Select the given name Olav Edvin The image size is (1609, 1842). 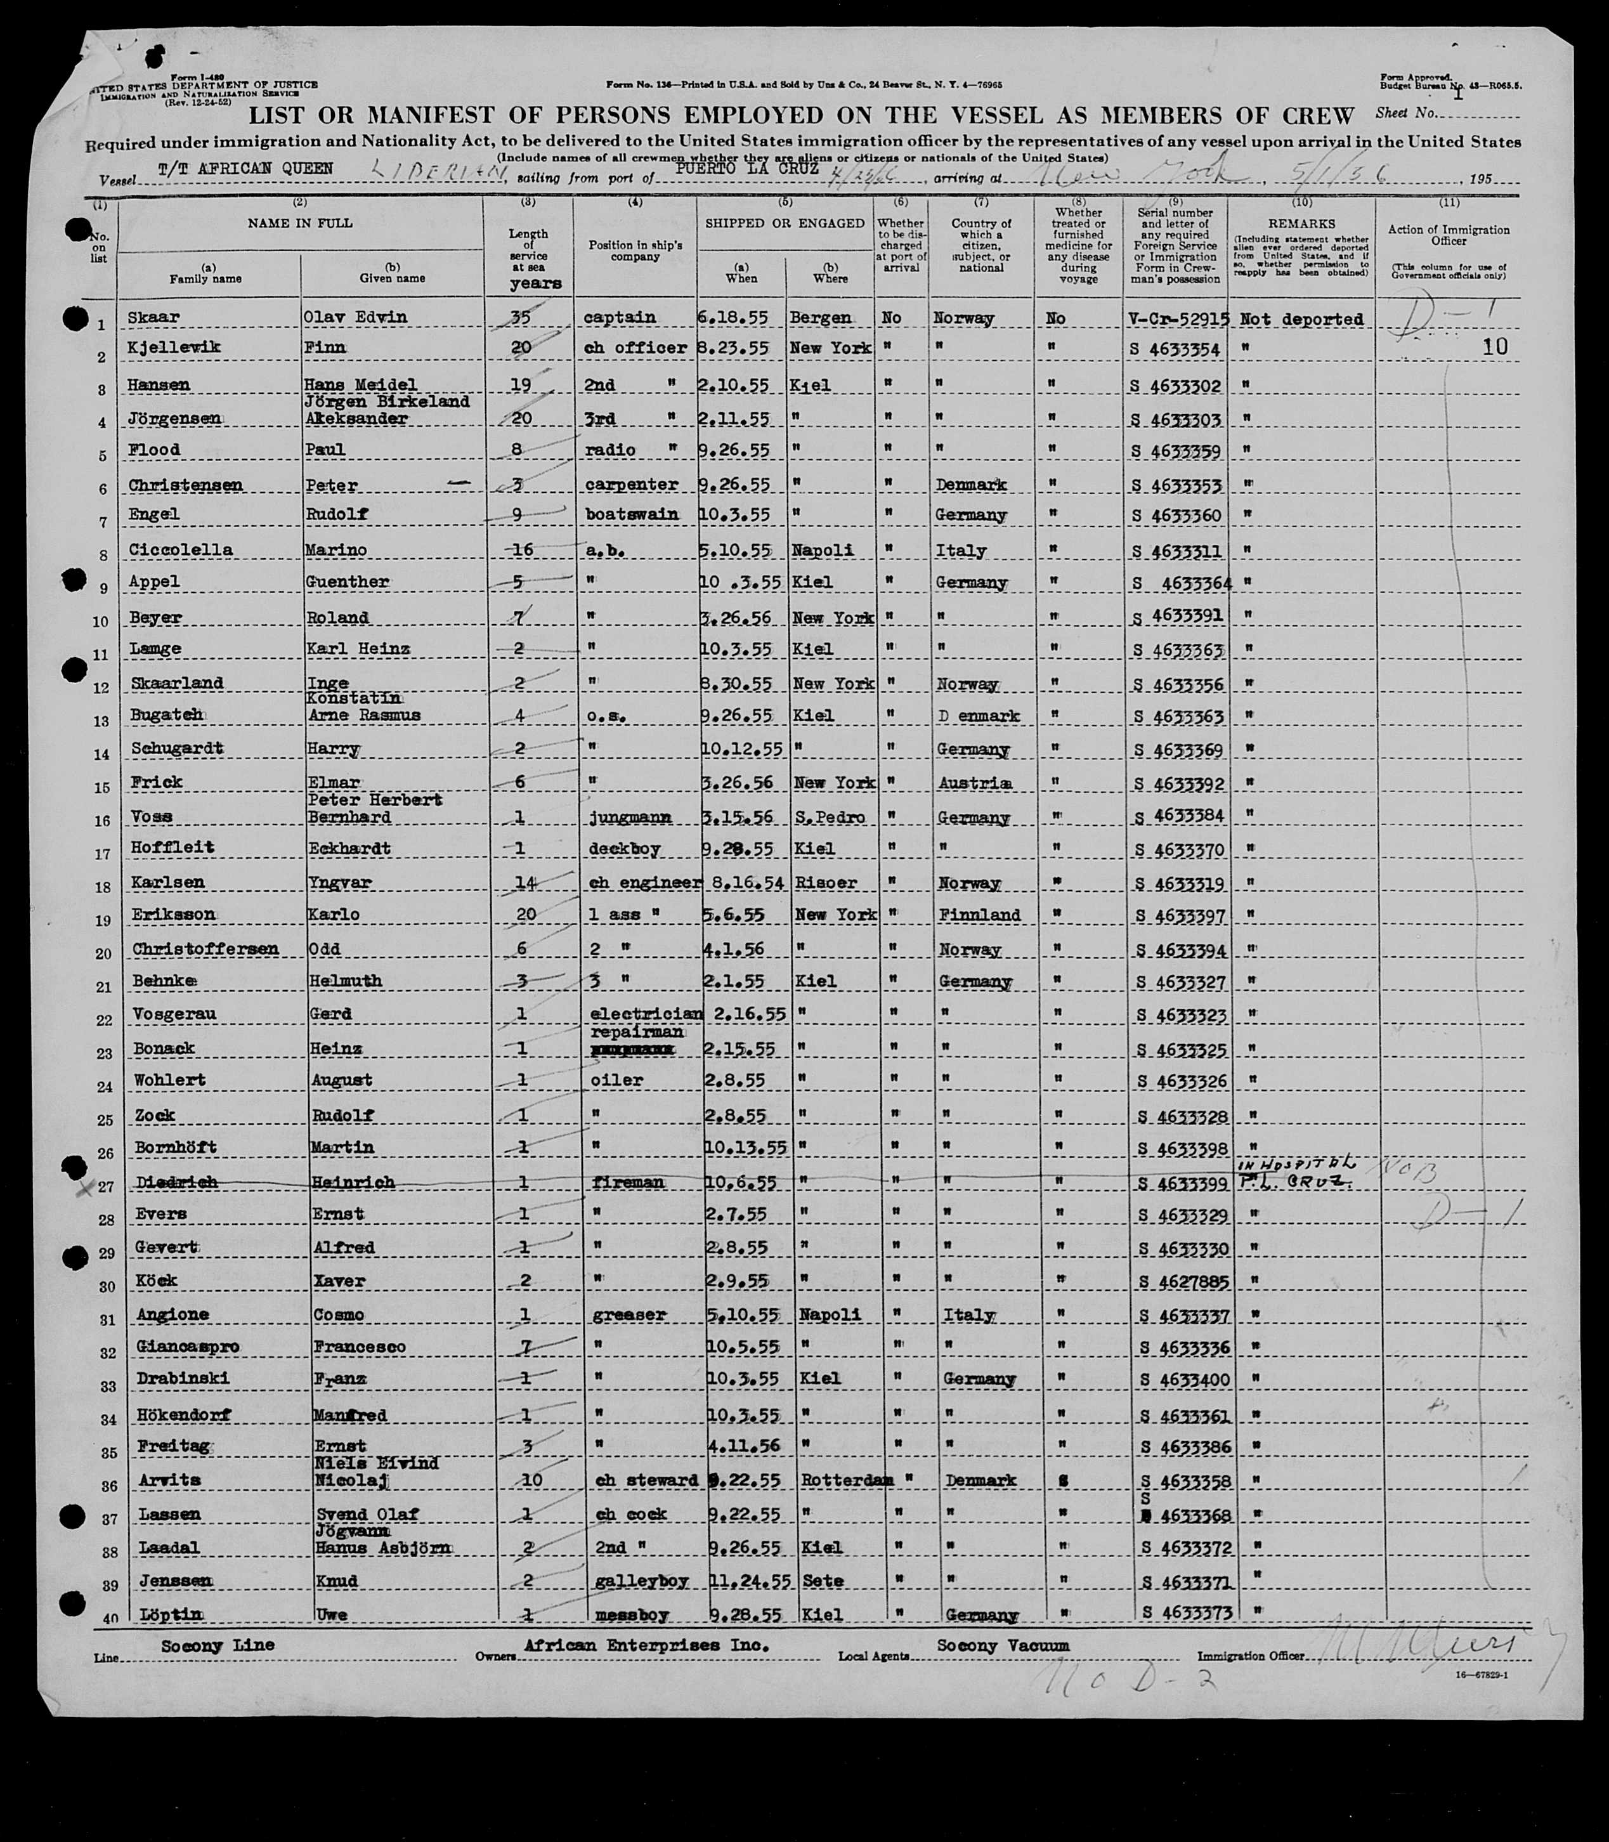(358, 317)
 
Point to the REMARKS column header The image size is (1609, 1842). (1301, 223)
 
